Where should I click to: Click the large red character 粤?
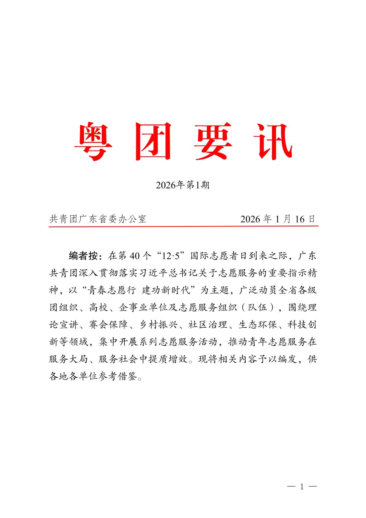(93, 142)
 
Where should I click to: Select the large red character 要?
(214, 142)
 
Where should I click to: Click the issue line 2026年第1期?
(183, 185)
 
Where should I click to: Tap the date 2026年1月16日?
(278, 219)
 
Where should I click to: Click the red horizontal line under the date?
(183, 226)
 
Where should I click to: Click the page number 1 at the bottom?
(302, 487)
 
